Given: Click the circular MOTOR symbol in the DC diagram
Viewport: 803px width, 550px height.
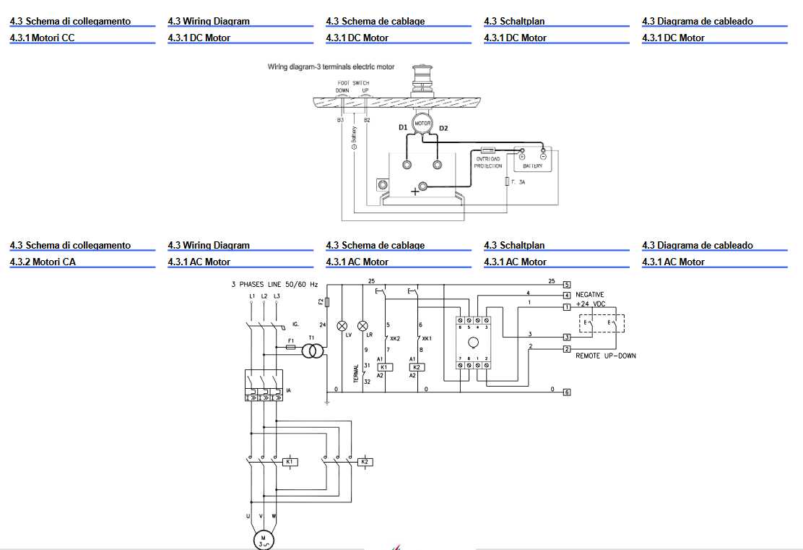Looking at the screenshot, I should [x=422, y=124].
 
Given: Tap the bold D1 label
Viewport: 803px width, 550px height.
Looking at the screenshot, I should [x=403, y=128].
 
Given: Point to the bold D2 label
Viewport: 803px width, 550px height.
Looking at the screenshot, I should [x=443, y=129].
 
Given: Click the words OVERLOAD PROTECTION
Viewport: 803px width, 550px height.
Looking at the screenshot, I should [x=488, y=163].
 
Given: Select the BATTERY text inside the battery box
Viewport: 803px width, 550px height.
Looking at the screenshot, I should [x=532, y=166].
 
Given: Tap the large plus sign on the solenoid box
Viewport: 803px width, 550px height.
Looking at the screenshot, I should [x=414, y=191].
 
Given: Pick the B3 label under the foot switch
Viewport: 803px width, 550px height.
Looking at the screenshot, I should [x=340, y=120].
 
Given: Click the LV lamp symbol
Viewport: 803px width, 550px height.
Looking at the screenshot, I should [x=343, y=325].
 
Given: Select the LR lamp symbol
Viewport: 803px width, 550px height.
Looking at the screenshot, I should [x=363, y=325].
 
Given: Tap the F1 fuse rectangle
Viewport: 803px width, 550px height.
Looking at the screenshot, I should [x=290, y=347].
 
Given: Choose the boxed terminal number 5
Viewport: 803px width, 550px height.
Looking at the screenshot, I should [x=567, y=285].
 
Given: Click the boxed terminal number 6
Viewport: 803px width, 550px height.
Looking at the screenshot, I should [x=567, y=392].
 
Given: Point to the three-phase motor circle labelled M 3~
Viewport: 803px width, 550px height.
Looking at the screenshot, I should [x=263, y=540].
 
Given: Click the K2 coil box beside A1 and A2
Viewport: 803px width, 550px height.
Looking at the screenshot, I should [x=417, y=367].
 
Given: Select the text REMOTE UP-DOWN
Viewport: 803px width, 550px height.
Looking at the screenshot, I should [x=605, y=356].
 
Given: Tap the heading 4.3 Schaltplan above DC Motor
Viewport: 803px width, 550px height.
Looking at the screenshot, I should [x=514, y=22].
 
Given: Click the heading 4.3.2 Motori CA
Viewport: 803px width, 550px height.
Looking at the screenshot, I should [x=43, y=262].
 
